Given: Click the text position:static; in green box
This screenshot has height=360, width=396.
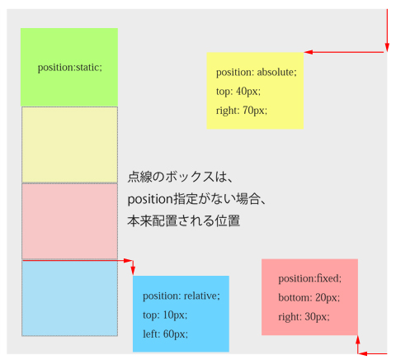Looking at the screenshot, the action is point(70,68).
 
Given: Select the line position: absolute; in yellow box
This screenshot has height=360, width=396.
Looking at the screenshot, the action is point(257,73).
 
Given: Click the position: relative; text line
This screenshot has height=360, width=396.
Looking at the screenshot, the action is point(181,296).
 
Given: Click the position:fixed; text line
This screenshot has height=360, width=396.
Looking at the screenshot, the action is point(310,278).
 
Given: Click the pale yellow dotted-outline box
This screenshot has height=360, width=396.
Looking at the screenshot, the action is point(69,144).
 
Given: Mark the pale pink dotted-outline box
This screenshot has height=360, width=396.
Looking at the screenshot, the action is point(69,221).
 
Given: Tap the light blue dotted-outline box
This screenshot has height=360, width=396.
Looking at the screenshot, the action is point(69,298).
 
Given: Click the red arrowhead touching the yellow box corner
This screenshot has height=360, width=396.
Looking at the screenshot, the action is point(309,52).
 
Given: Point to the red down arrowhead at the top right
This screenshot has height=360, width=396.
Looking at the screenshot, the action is point(387,47).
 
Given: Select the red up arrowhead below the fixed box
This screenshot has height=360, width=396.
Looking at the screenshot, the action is point(358,339).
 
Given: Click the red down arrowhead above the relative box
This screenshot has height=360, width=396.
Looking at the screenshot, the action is point(133,271).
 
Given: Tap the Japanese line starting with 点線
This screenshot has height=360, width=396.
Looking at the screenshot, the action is point(180,177).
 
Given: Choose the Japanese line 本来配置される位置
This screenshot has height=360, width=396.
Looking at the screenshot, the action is point(184,220).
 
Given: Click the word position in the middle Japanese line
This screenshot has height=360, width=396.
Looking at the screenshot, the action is point(150,199).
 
